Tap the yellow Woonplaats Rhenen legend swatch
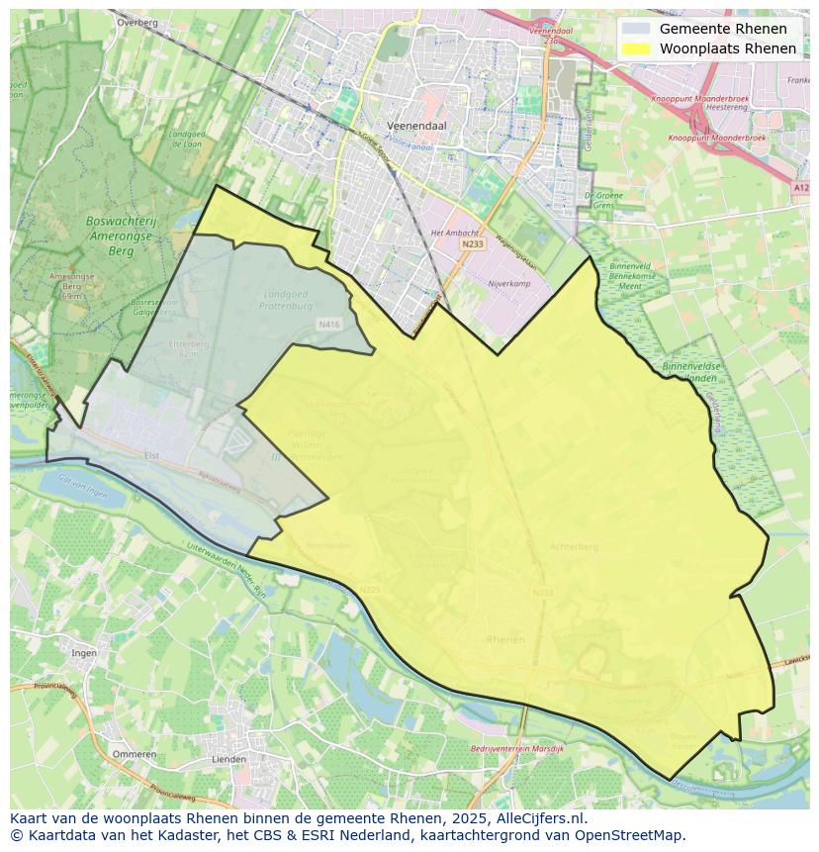coord(638,48)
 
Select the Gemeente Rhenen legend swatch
coord(638,29)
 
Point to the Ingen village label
coord(83,653)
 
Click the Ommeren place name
coord(135,754)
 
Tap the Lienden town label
coord(229,760)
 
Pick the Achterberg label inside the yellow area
coord(575,545)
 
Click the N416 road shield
coord(328,324)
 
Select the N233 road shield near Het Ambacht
coord(473,243)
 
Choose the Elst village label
coord(151,455)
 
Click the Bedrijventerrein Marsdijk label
coord(516,749)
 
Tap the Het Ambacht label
coord(454,233)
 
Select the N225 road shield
coord(369,591)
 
